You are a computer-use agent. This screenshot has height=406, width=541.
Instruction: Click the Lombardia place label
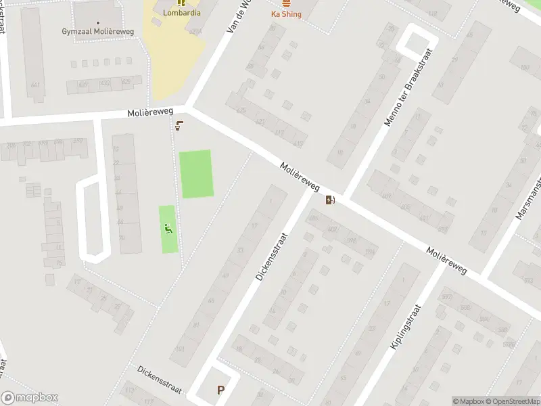pyautogui.click(x=181, y=12)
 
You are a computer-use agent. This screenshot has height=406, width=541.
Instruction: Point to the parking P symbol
pyautogui.click(x=220, y=390)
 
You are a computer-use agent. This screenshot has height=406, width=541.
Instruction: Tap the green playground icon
pyautogui.click(x=168, y=229)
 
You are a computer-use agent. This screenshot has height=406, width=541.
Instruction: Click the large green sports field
pyautogui.click(x=195, y=174)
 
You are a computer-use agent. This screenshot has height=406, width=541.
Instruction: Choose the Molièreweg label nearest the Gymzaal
pyautogui.click(x=150, y=112)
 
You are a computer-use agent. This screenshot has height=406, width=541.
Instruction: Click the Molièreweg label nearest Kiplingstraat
pyautogui.click(x=447, y=260)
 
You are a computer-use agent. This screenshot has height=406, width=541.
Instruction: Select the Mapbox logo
pyautogui.click(x=30, y=398)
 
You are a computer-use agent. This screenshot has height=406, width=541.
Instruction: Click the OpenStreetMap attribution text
pyautogui.click(x=512, y=401)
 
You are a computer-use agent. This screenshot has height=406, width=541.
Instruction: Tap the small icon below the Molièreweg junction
pyautogui.click(x=180, y=125)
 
